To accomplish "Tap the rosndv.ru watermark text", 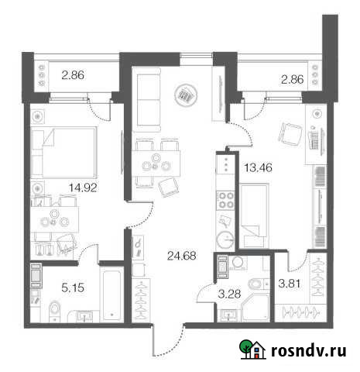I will tap(307, 350).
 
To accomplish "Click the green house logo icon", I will tap(249, 350).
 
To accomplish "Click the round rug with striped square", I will tap(186, 95).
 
